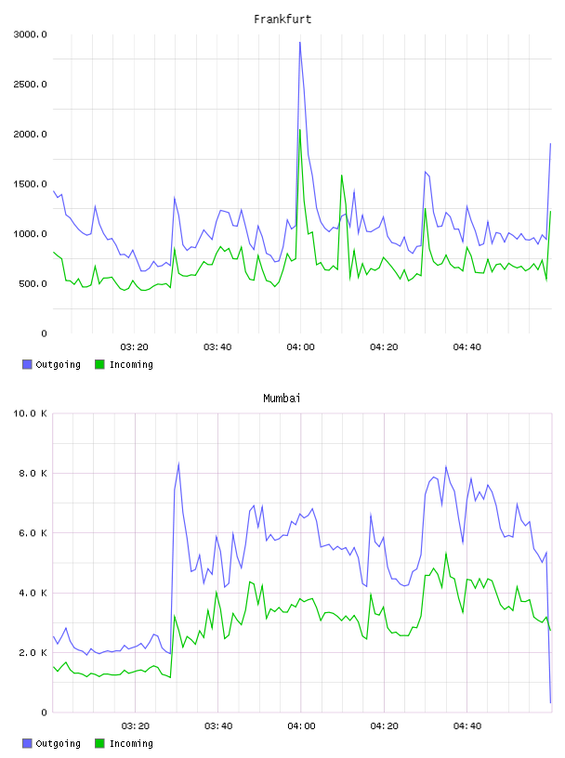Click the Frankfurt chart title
[282, 20]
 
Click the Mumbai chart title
[282, 399]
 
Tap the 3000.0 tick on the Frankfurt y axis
[30, 34]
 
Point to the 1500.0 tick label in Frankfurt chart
[30, 184]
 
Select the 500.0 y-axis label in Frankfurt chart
[33, 283]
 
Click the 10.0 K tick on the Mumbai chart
[30, 413]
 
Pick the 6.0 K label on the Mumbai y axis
[33, 532]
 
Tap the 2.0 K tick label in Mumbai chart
[33, 653]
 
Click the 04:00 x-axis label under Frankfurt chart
[300, 347]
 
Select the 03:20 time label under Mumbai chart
[135, 726]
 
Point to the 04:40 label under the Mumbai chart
[467, 726]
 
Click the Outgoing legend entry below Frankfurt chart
[51, 364]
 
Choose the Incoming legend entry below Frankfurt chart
[125, 364]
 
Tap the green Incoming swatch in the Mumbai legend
[99, 743]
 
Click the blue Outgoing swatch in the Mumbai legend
[27, 743]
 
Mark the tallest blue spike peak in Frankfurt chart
[300, 43]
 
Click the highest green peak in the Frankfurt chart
[300, 129]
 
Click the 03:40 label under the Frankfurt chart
[217, 347]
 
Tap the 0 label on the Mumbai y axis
[44, 712]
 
